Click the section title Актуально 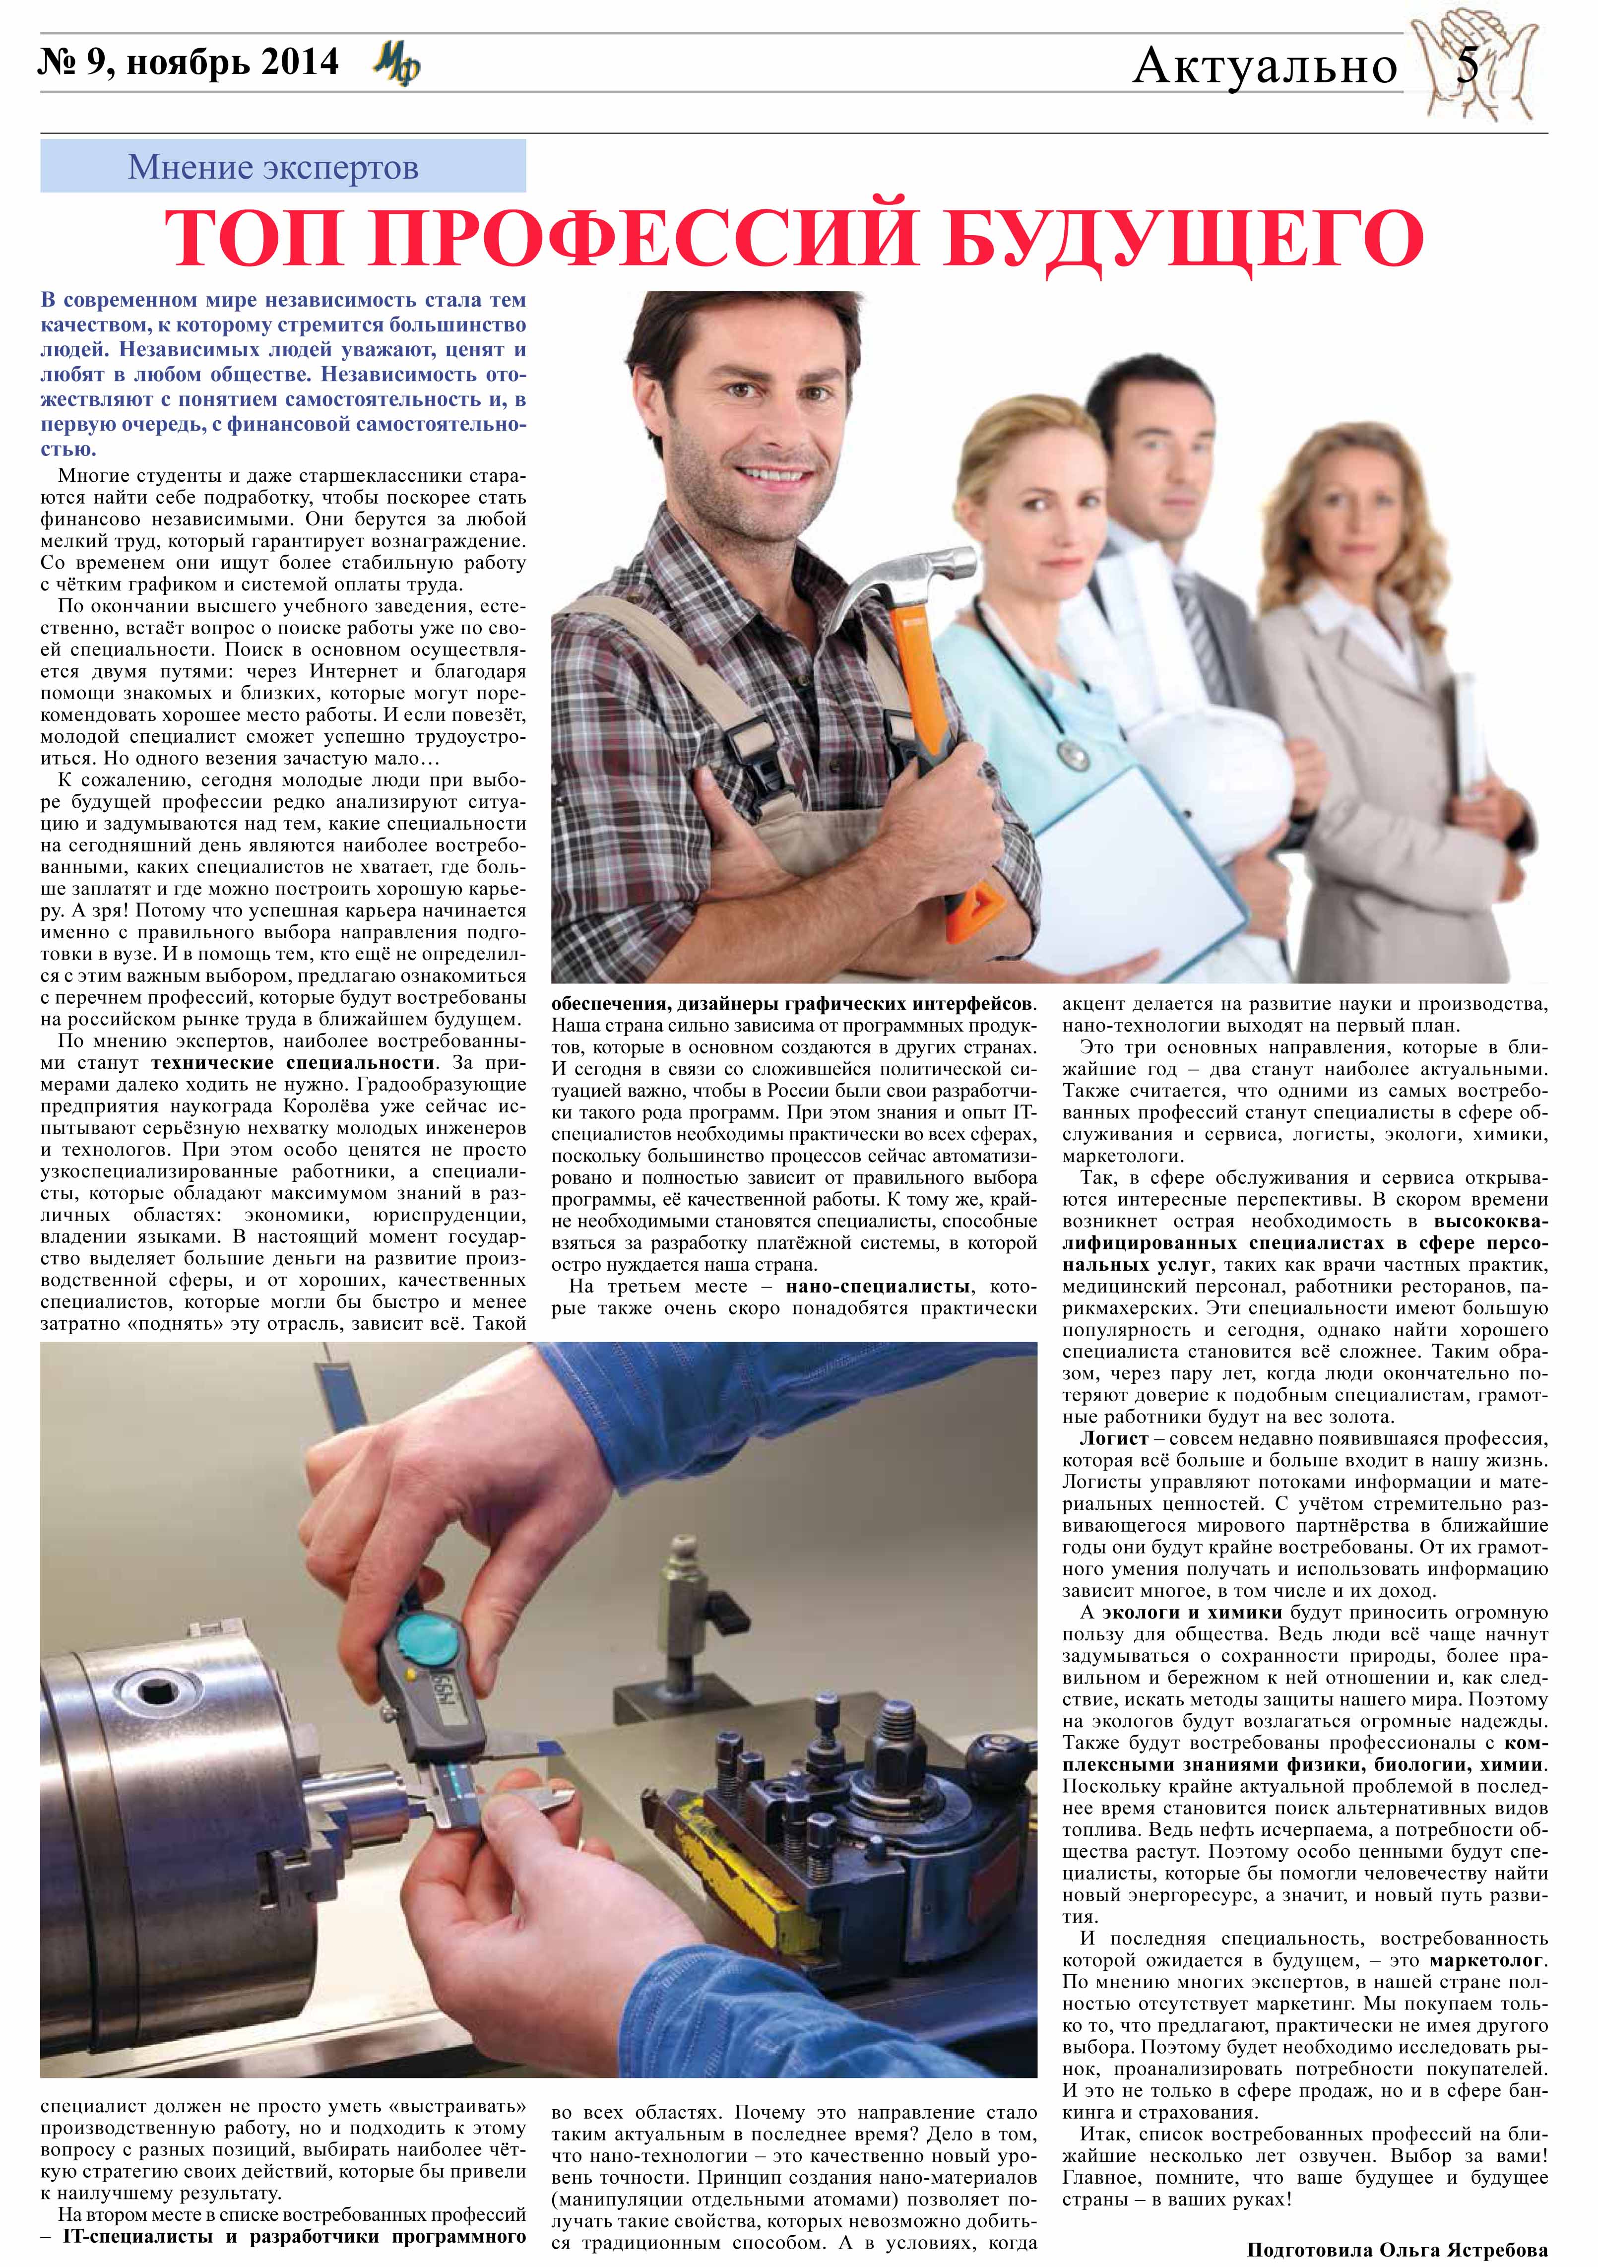click(x=1266, y=67)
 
